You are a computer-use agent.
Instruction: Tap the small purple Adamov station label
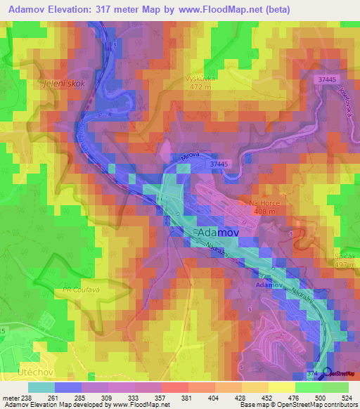click(x=269, y=286)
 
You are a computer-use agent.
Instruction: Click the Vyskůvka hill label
click(x=199, y=79)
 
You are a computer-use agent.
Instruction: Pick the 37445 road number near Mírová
click(x=219, y=164)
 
